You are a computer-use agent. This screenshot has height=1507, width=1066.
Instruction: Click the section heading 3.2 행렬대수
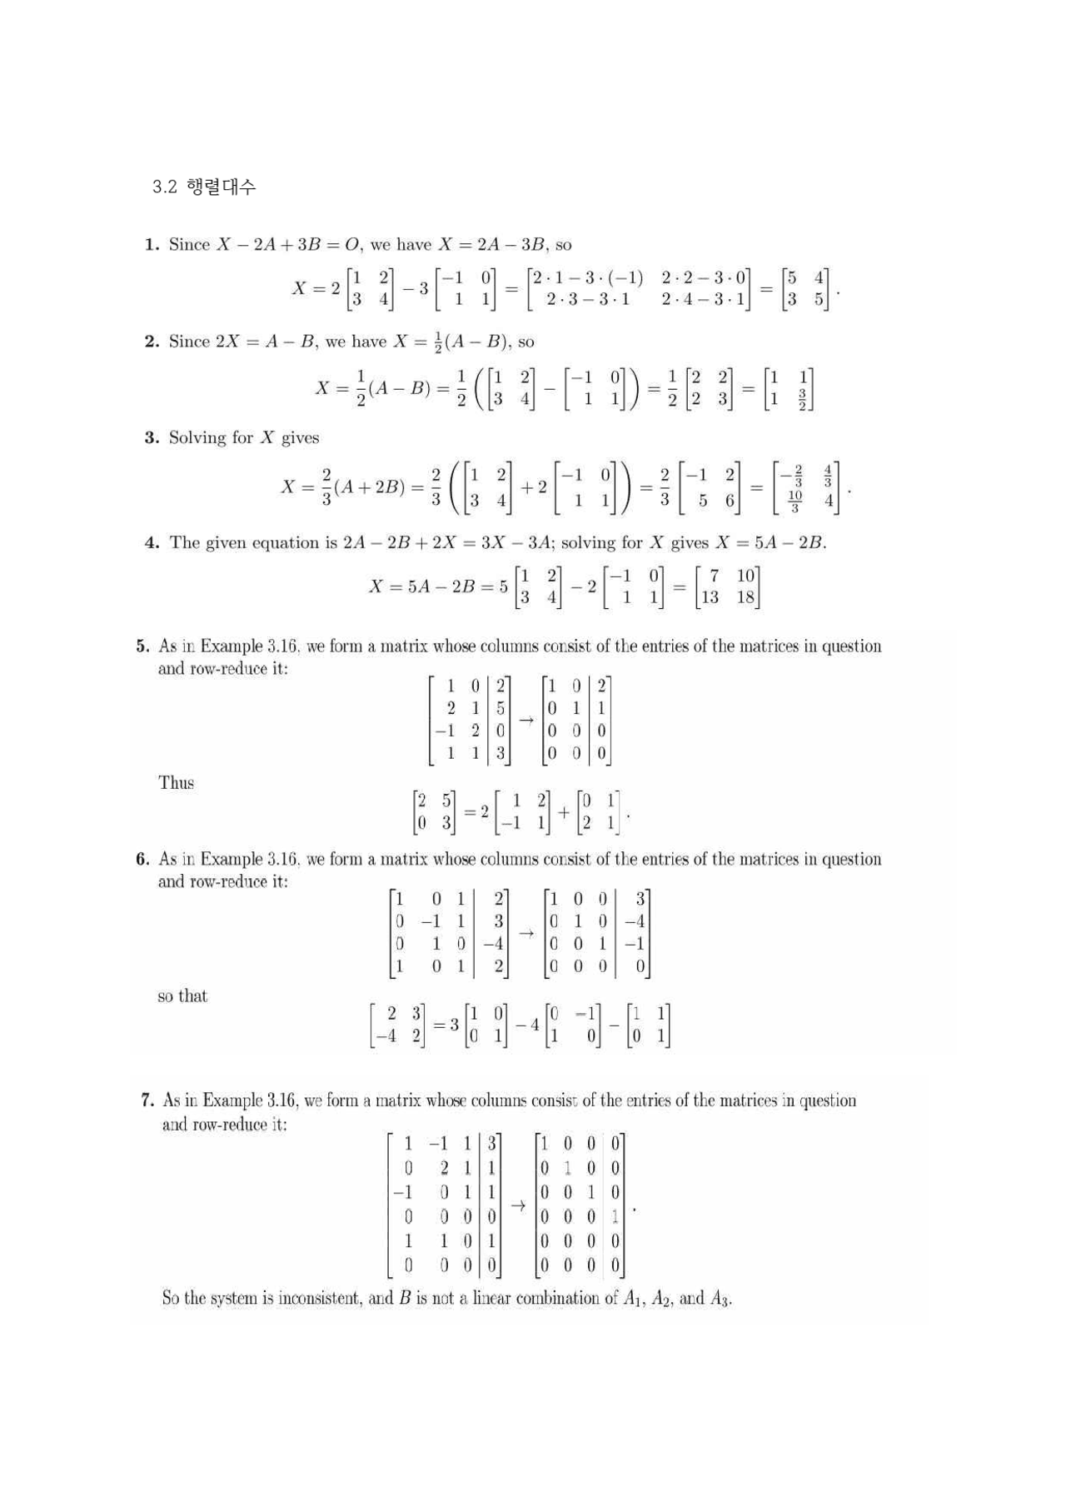coord(204,187)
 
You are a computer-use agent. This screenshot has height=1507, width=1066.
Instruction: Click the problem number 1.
coord(151,245)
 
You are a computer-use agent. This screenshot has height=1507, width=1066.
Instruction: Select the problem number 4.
coord(152,543)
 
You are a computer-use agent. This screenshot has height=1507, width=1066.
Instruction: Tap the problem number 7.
coord(147,1100)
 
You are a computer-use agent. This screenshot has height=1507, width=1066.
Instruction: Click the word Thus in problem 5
coord(176,783)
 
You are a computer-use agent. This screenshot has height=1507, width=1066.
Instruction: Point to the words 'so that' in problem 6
coord(182,996)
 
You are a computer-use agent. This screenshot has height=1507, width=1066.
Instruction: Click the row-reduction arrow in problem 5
coord(526,720)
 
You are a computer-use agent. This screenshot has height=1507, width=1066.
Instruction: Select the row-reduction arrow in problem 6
coord(526,933)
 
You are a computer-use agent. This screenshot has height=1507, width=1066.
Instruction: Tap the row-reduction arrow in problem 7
coord(518,1205)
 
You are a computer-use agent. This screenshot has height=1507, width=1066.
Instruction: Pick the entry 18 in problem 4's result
coord(745,597)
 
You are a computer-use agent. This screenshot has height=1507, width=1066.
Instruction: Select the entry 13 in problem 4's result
coord(710,597)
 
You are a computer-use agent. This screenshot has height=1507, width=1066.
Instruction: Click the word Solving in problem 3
coord(198,438)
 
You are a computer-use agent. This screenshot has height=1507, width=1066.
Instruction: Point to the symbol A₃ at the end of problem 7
coord(720,1299)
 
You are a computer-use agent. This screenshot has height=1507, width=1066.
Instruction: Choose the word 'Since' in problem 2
coord(189,342)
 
